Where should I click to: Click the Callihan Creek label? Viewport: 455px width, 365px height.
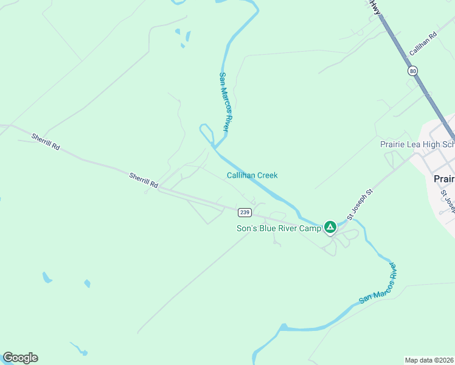(252, 175)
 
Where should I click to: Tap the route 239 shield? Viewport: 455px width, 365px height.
(244, 212)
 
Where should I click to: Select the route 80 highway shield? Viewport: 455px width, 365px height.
(414, 71)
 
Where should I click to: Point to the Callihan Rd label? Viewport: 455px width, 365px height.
(423, 45)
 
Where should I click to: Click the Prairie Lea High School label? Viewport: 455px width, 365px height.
(417, 144)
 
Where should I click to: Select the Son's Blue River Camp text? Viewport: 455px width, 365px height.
(278, 229)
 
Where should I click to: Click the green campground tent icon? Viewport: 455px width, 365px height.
(330, 228)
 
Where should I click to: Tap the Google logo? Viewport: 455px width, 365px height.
(20, 358)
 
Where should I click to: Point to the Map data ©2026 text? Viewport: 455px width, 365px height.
(429, 360)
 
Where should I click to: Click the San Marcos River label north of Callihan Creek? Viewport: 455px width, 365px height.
(223, 102)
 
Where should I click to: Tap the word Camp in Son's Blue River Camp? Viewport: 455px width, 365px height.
(309, 229)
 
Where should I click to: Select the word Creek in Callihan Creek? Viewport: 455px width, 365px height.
(266, 175)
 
